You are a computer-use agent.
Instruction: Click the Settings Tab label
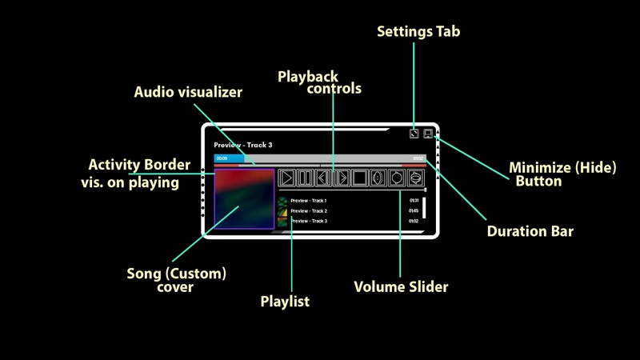(x=418, y=32)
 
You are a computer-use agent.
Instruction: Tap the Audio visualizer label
(x=187, y=92)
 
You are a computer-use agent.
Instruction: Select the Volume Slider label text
(x=401, y=286)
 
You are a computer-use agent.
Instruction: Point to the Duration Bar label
(x=530, y=232)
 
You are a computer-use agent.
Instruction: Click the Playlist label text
(x=285, y=302)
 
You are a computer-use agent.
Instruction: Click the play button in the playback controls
(x=286, y=178)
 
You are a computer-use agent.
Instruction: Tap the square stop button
(x=360, y=178)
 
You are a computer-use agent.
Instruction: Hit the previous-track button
(x=323, y=178)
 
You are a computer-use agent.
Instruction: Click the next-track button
(x=342, y=178)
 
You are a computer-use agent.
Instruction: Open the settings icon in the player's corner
(x=414, y=134)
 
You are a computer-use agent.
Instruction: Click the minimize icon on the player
(x=428, y=134)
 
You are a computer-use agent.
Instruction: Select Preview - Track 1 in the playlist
(x=308, y=200)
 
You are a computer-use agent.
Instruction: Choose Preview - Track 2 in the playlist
(x=308, y=210)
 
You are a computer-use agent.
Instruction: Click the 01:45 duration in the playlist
(x=414, y=210)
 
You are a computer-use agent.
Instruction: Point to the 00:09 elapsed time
(x=222, y=158)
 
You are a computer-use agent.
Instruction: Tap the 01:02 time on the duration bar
(x=418, y=158)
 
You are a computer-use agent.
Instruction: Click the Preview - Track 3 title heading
(x=243, y=145)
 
